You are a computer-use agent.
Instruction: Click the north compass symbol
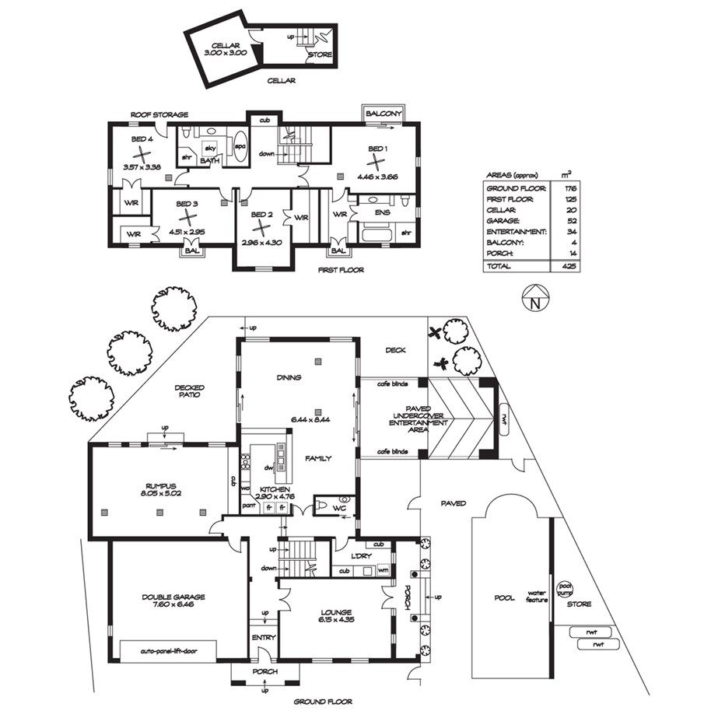tap(535, 298)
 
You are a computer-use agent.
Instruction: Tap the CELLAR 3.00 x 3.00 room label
tap(226, 49)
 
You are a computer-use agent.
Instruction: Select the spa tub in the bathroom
tap(240, 146)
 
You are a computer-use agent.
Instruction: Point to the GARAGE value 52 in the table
tap(571, 221)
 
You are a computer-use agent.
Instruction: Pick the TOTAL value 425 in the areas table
tap(569, 266)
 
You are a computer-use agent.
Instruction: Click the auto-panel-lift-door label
tap(169, 651)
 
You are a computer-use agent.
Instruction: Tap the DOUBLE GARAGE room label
tap(173, 597)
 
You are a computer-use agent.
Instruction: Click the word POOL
tap(504, 598)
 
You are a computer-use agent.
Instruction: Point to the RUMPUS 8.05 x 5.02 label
tap(161, 489)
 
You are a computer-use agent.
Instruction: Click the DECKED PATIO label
tap(189, 391)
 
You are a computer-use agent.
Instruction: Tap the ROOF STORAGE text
tap(159, 114)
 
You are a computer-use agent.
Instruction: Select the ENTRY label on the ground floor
tap(264, 637)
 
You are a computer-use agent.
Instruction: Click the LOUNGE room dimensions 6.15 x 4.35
tap(338, 619)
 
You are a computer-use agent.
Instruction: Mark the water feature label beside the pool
tap(536, 597)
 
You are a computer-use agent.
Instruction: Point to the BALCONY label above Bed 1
tap(384, 114)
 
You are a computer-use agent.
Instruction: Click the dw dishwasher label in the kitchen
tap(268, 468)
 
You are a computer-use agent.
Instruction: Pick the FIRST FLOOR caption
tap(341, 270)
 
